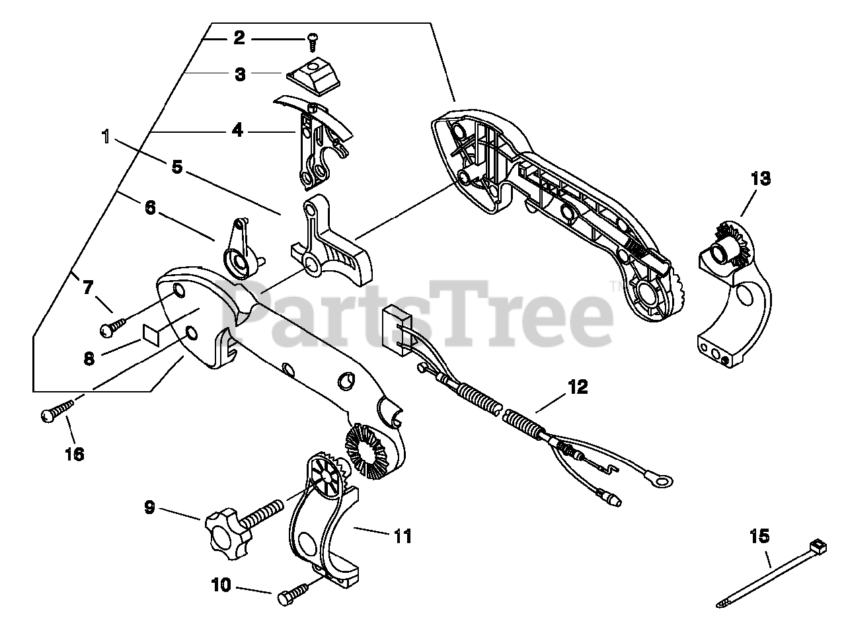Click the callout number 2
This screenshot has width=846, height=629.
(x=238, y=38)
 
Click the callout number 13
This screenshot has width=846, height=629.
(x=760, y=178)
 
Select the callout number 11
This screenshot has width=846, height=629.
(x=403, y=536)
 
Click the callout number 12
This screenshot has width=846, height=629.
(x=577, y=387)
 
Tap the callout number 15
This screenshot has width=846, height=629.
(x=760, y=535)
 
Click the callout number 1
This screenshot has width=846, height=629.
(x=106, y=138)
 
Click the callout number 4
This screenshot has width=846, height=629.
(x=237, y=131)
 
